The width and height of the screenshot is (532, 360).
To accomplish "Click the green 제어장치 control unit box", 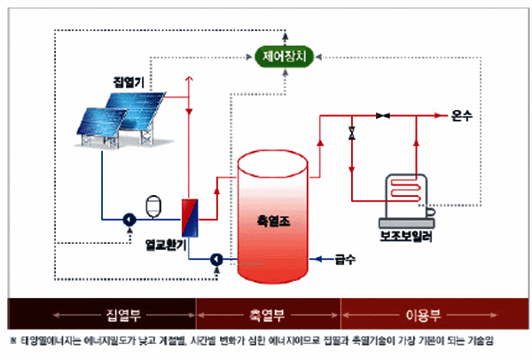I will (x=284, y=59).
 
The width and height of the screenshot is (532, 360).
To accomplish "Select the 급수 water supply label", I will (x=345, y=260).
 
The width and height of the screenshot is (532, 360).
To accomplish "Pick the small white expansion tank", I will (x=150, y=203).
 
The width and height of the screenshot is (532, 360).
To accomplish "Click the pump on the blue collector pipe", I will (x=129, y=218).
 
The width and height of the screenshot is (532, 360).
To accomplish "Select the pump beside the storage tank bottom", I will (x=215, y=260).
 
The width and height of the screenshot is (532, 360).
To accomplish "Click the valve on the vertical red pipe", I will (x=352, y=135).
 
